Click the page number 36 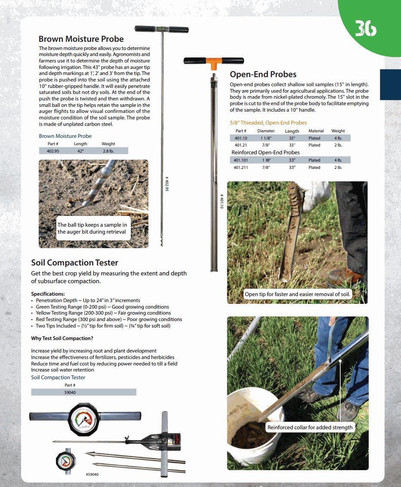365,28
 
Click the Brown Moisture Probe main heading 81,39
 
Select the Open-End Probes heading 263,74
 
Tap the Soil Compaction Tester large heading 74,262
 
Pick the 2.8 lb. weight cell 108,151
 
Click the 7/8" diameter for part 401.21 266,145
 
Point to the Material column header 316,131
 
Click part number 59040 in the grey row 70,392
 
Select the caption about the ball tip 92,228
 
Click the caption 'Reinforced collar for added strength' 310,428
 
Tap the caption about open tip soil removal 298,294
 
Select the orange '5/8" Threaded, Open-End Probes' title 268,123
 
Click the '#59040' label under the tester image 92,474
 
